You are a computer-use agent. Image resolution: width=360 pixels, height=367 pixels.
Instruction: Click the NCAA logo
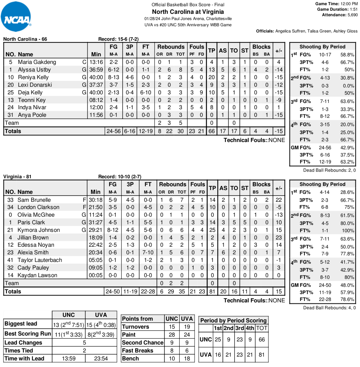[16, 17]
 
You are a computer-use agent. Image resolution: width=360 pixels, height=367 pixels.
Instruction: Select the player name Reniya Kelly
[33, 77]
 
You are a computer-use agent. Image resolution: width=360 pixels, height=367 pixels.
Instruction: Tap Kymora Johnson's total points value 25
[212, 230]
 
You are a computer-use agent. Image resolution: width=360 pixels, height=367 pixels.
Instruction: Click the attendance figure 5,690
[350, 15]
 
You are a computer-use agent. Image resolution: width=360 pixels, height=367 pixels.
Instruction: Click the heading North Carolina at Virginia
[188, 12]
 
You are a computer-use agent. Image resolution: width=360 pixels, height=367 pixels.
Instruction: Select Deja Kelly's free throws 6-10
[145, 92]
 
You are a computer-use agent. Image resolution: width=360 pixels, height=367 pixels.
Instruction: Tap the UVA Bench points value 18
[187, 359]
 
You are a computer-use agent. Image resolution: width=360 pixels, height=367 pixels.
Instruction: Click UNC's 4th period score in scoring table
[250, 339]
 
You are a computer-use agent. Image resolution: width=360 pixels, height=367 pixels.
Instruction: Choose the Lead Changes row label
[23, 342]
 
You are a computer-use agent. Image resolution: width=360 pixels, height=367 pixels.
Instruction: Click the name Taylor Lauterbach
[40, 260]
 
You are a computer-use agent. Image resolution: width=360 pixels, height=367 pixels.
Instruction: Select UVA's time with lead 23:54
[101, 358]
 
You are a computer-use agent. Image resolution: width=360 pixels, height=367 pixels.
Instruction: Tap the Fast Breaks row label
[138, 351]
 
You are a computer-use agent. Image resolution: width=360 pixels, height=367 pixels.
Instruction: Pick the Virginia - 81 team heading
[18, 177]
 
